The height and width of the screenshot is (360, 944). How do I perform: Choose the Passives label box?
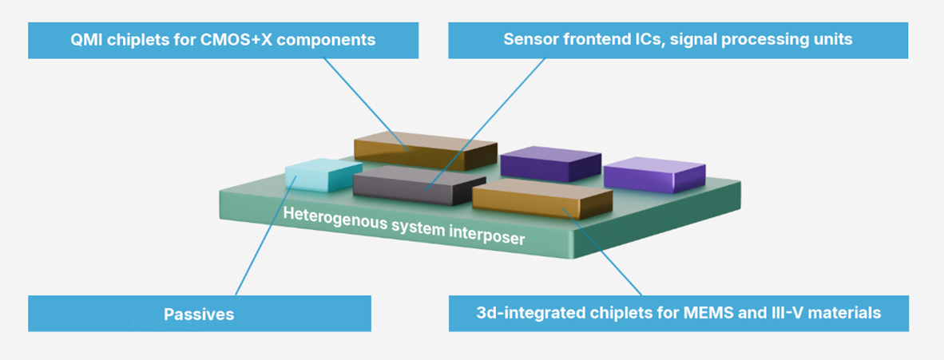click(200, 313)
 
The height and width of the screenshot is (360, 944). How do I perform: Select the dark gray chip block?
click(419, 185)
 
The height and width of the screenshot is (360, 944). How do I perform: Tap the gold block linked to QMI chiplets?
click(425, 151)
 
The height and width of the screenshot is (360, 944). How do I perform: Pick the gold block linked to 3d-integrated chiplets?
click(542, 199)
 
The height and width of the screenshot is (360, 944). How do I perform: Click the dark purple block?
click(551, 163)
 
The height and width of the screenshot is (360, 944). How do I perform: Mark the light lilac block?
click(654, 175)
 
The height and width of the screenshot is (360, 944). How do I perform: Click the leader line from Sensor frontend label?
click(486, 124)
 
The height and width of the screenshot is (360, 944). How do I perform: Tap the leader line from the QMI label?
click(366, 105)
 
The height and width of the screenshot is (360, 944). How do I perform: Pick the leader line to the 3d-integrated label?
click(601, 251)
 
